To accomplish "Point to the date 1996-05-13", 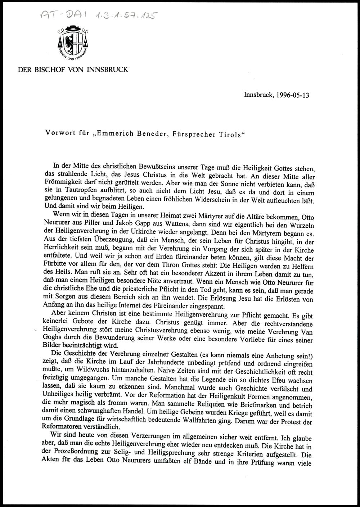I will tap(291, 96).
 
